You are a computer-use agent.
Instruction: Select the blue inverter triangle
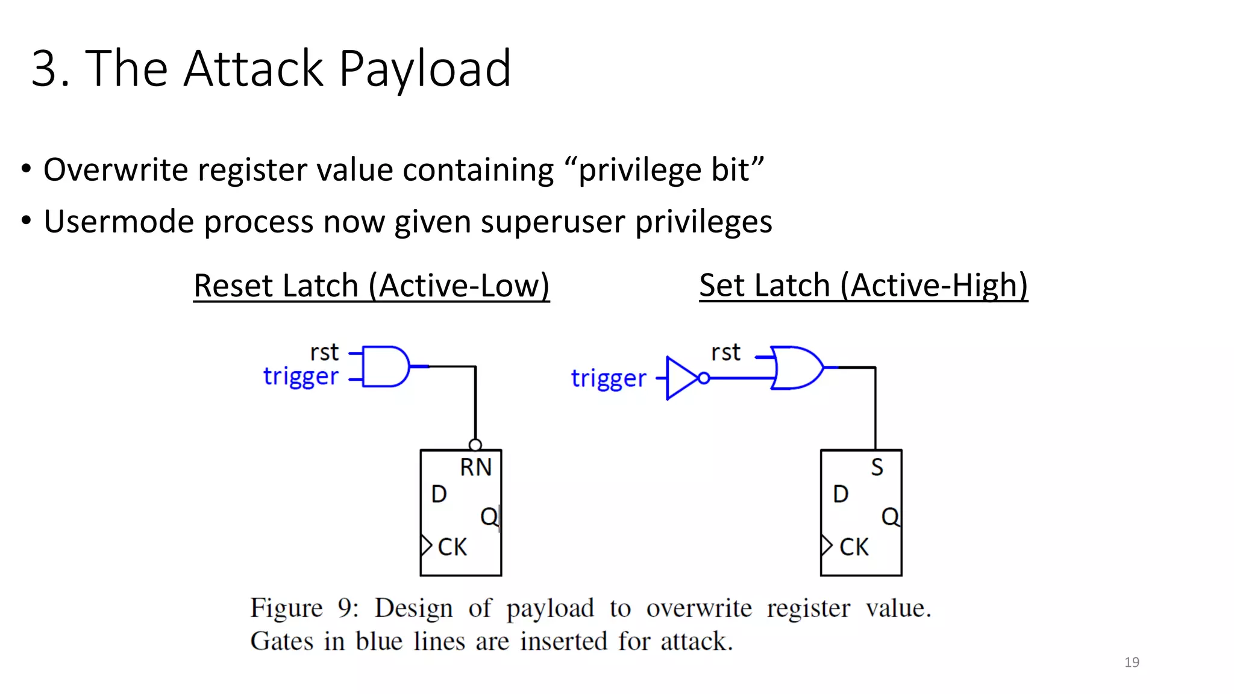coord(681,378)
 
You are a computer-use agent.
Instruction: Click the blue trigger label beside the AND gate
coord(301,377)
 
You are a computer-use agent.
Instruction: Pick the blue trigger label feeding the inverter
coord(609,379)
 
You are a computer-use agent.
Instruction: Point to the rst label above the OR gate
coord(725,352)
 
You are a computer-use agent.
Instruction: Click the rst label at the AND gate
coord(324,352)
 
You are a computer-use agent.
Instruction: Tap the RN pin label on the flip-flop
coord(475,467)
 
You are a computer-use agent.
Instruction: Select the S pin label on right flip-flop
coord(877,467)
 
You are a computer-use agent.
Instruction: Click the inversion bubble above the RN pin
coord(475,445)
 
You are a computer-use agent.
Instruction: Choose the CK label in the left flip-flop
coord(452,547)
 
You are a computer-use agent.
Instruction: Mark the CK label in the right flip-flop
coord(853,547)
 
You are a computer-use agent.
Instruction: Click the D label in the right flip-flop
coord(841,494)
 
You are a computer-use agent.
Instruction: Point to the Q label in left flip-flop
coord(489,516)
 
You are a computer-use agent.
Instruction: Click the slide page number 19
coord(1132,662)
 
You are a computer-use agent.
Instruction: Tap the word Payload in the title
coord(425,69)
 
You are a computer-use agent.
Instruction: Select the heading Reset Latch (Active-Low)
coord(371,286)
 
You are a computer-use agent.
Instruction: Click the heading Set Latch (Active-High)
coord(863,285)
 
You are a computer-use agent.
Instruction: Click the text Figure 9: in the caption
coord(304,608)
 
